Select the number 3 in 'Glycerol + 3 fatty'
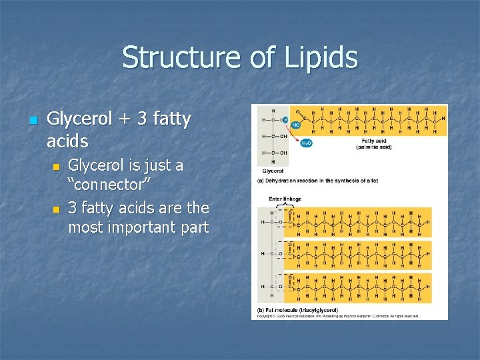[141, 120]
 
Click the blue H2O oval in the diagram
[307, 143]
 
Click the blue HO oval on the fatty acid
[295, 125]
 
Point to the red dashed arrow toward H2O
[293, 137]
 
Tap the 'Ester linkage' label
[285, 199]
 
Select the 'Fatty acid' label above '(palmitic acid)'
[373, 141]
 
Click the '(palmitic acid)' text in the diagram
[373, 147]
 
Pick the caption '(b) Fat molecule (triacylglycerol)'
[297, 310]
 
